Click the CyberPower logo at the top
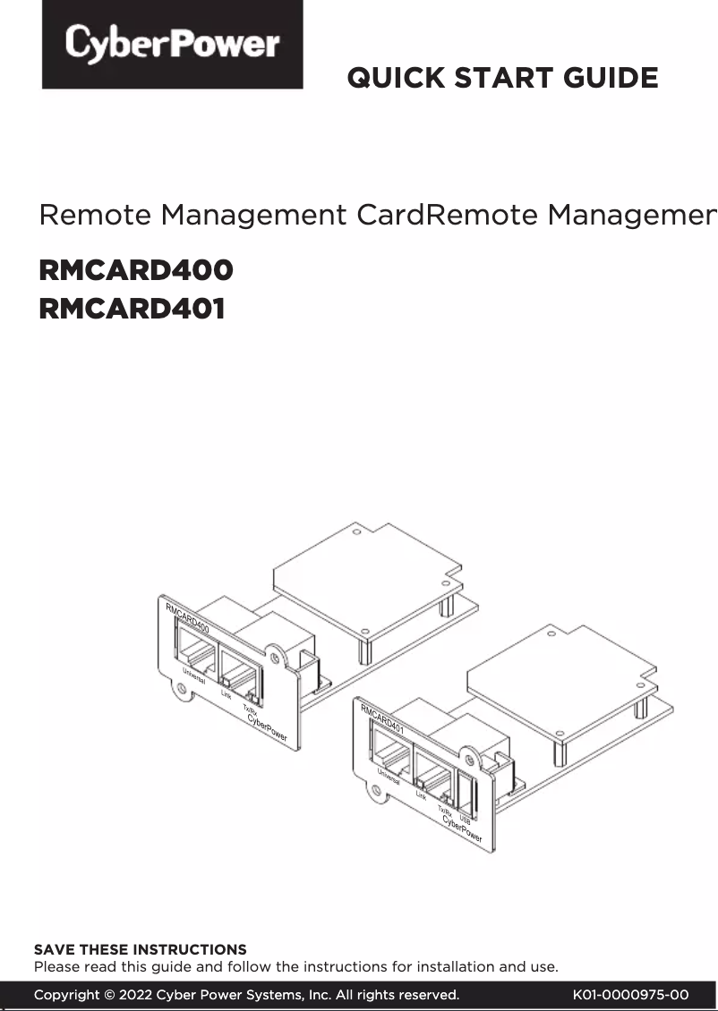[172, 45]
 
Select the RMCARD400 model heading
[136, 270]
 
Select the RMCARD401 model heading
[132, 310]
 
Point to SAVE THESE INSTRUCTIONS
[140, 949]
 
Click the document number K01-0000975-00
[630, 995]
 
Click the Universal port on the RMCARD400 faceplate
[195, 649]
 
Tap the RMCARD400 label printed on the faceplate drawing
[188, 618]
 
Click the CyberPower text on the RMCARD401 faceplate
[462, 831]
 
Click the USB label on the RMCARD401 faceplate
[465, 820]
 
